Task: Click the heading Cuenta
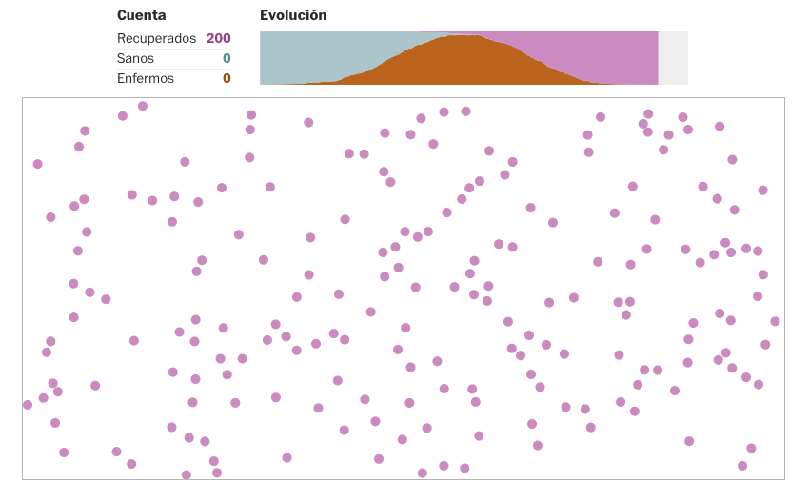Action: (141, 15)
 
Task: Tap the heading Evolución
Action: (293, 15)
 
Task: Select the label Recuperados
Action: (156, 38)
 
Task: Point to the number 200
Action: (218, 38)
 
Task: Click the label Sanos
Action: (135, 58)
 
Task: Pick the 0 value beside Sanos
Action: (227, 58)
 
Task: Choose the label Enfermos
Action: (146, 78)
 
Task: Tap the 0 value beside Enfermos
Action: (227, 78)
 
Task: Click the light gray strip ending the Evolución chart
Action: (673, 58)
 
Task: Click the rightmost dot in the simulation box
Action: (775, 321)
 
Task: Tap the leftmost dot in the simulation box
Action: (28, 405)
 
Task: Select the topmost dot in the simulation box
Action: (143, 106)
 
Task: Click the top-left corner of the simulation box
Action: (23, 97)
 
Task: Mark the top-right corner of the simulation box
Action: (784, 97)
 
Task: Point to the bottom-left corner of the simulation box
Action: (23, 479)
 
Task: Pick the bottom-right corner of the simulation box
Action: (784, 479)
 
